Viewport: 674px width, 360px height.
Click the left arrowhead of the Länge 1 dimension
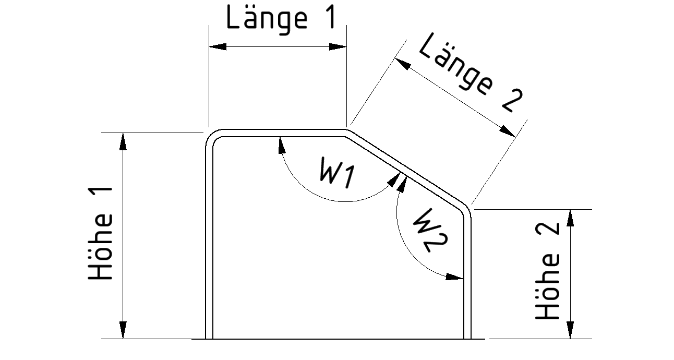click(x=217, y=46)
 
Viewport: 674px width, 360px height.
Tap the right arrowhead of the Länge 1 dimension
click(x=338, y=46)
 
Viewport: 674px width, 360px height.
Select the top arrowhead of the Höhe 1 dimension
click(x=123, y=141)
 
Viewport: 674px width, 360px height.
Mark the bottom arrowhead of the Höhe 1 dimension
click(x=123, y=331)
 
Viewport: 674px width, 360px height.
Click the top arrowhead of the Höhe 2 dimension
click(x=571, y=217)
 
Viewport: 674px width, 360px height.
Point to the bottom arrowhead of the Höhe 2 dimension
click(x=571, y=331)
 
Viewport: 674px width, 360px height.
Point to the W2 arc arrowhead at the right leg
click(x=456, y=277)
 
